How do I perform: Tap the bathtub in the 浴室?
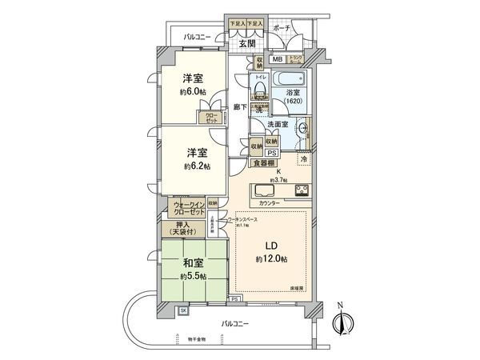pyautogui.click(x=289, y=82)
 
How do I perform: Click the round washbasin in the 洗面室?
pyautogui.click(x=302, y=129)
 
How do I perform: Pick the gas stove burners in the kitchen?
pyautogui.click(x=302, y=191)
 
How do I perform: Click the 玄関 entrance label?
pyautogui.click(x=247, y=44)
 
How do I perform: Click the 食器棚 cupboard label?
pyautogui.click(x=263, y=163)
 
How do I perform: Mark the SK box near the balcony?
pyautogui.click(x=182, y=310)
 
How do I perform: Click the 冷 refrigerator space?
pyautogui.click(x=303, y=158)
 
